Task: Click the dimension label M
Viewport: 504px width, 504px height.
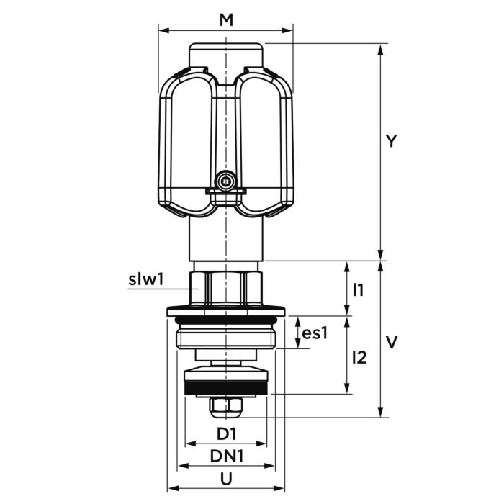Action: click(226, 21)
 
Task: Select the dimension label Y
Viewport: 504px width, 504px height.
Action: click(390, 142)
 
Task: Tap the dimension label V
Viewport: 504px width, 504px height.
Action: click(391, 342)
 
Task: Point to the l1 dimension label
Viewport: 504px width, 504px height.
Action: click(358, 290)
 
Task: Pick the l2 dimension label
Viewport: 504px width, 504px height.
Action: click(360, 356)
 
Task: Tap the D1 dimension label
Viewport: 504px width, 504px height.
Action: click(227, 433)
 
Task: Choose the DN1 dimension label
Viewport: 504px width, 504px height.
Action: click(226, 456)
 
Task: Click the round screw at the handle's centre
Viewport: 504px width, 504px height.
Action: click(227, 181)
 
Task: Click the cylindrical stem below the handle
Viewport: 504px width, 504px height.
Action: click(226, 238)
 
